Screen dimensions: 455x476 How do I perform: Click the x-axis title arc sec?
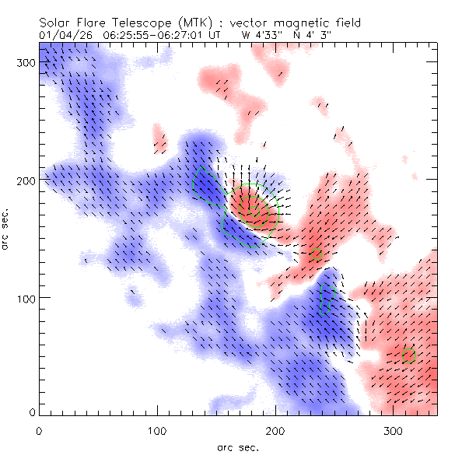click(238, 446)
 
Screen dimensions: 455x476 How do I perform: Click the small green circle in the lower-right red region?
click(410, 355)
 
